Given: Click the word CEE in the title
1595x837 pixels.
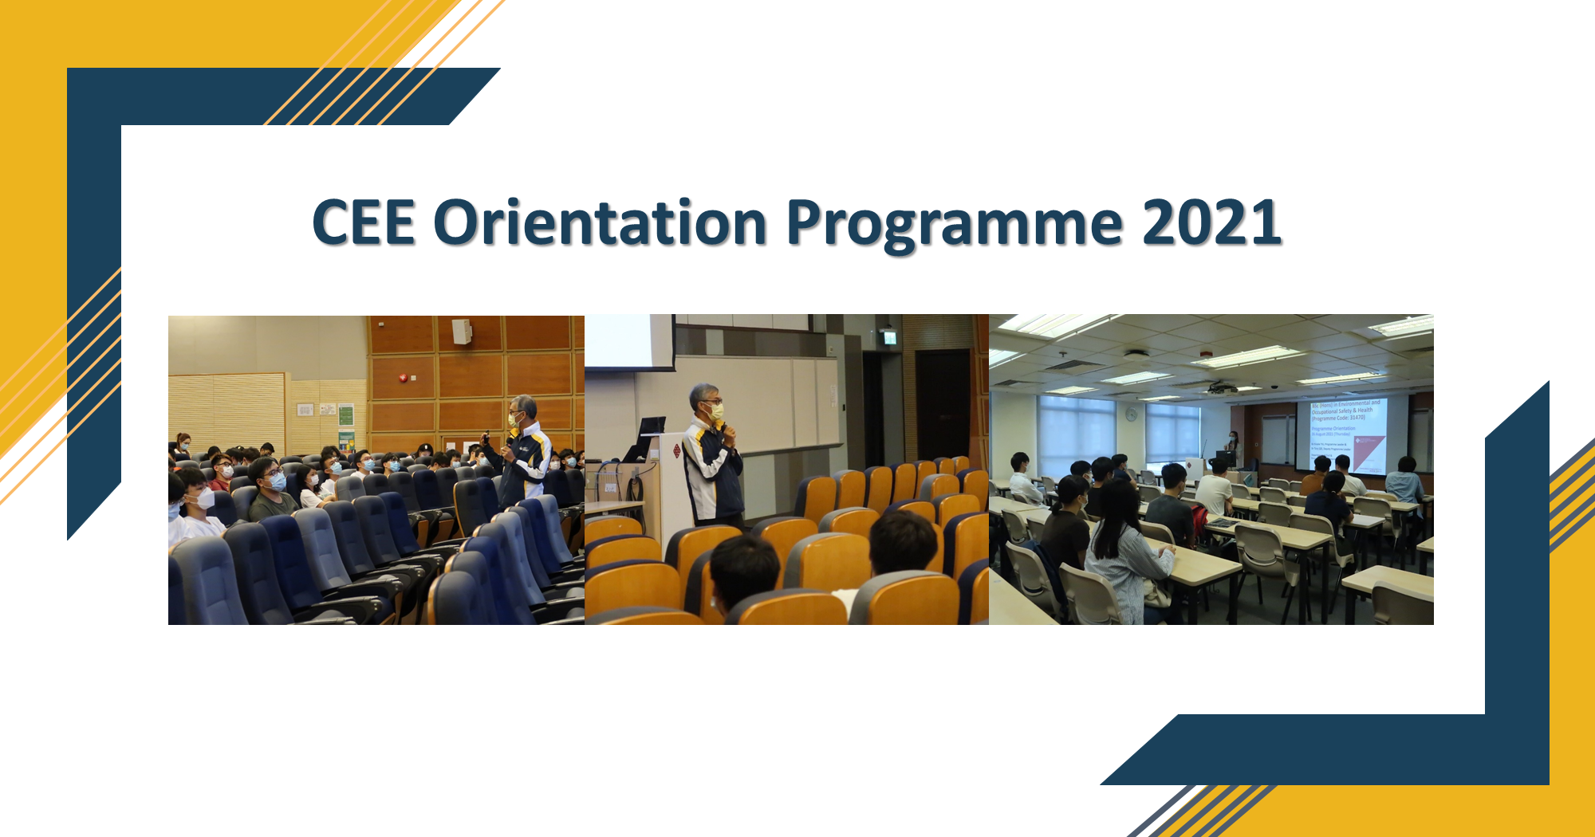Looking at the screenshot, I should click(x=364, y=223).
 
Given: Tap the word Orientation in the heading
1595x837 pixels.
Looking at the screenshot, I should click(x=600, y=223).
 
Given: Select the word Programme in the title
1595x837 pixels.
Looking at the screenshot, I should click(x=955, y=225).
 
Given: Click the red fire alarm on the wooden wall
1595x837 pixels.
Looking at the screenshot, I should click(x=404, y=377).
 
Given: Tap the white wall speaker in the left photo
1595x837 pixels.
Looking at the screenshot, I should click(x=461, y=331).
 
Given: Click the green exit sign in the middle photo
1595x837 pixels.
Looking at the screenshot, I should click(x=888, y=337).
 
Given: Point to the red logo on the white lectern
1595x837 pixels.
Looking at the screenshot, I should click(x=676, y=451).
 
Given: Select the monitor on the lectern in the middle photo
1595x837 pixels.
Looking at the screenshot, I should click(x=652, y=428).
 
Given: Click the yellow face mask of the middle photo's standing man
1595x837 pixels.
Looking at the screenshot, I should click(x=715, y=412).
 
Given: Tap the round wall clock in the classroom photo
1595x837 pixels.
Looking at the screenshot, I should click(x=1131, y=414).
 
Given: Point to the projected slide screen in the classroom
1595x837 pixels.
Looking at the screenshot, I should click(x=1347, y=434).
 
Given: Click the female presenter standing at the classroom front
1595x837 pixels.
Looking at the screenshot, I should click(x=1233, y=448).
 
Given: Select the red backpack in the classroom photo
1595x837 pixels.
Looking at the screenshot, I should click(x=1199, y=523).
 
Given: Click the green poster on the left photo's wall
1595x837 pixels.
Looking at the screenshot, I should click(x=345, y=415).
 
